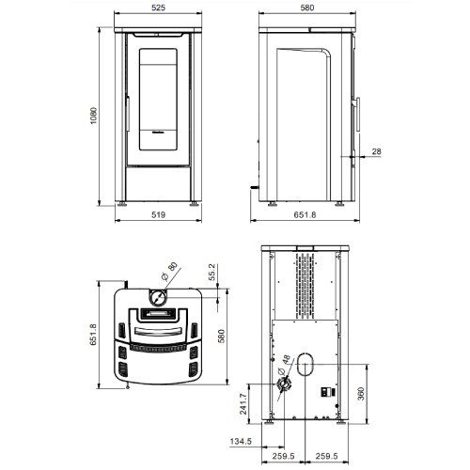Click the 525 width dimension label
click(x=158, y=8)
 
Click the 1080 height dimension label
click(x=94, y=116)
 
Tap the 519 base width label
click(x=158, y=215)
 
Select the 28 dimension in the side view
click(x=377, y=151)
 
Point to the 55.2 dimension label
click(x=212, y=272)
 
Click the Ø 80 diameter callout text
click(x=169, y=272)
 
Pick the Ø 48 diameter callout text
click(x=284, y=365)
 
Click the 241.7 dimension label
click(x=243, y=404)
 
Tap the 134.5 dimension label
click(x=241, y=442)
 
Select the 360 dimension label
click(x=361, y=394)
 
